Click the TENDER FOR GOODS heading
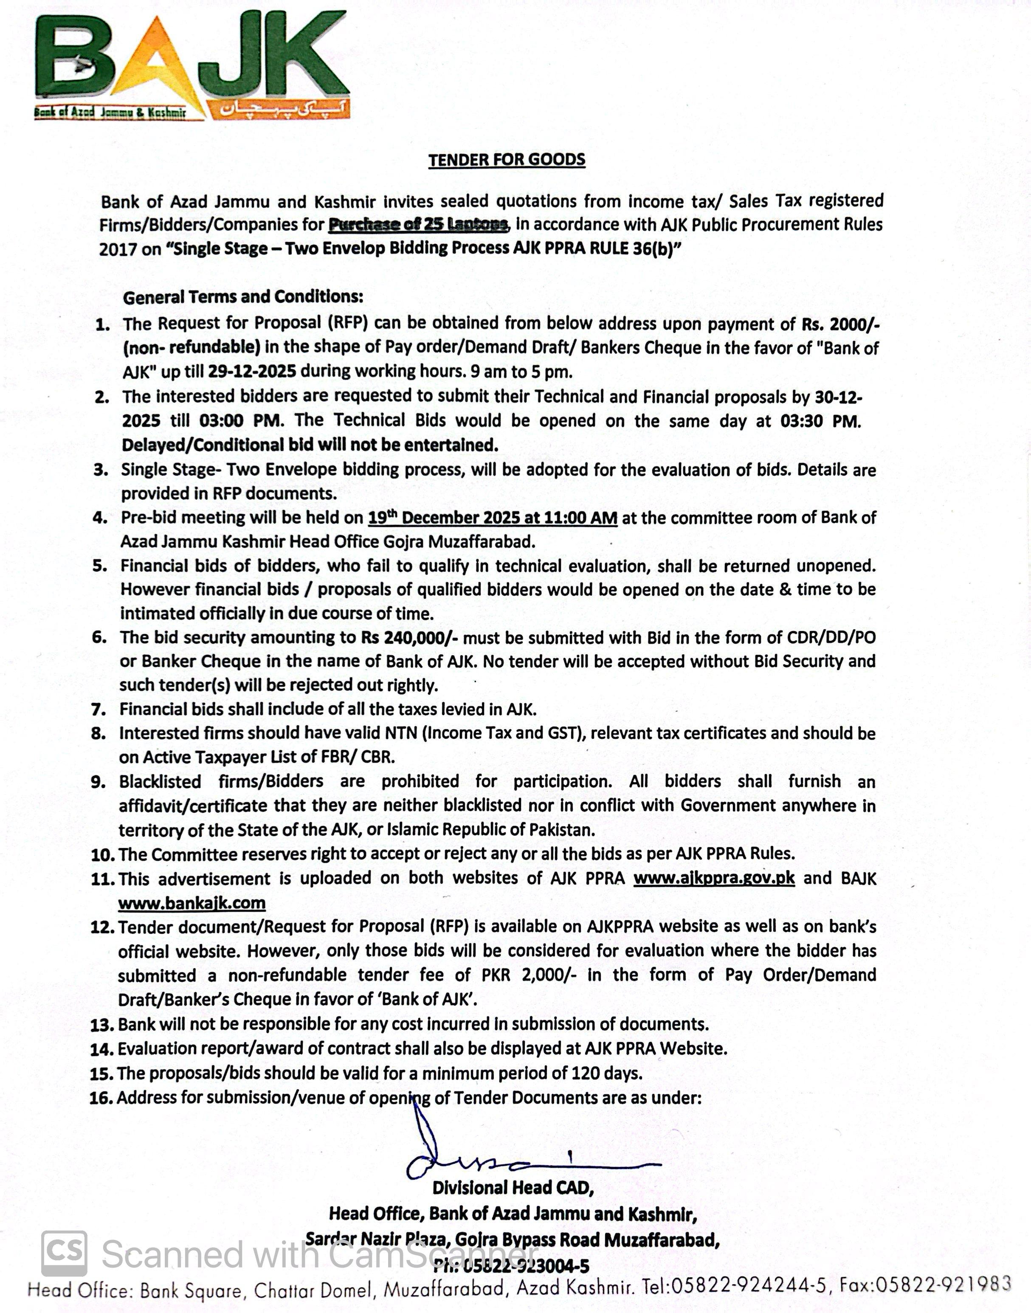[x=507, y=160]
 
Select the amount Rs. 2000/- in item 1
[x=840, y=324]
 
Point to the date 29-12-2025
[x=252, y=371]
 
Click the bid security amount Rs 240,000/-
[x=408, y=637]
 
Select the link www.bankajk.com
[x=192, y=903]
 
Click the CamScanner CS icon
[x=64, y=1253]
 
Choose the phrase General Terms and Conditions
[x=243, y=297]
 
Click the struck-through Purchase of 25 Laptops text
[x=418, y=225]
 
